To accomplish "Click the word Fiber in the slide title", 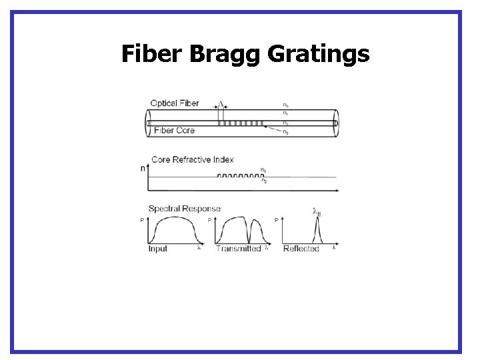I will coord(152,53).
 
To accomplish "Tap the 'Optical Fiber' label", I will coord(175,103).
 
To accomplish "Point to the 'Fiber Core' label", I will coord(174,131).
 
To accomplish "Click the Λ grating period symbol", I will coord(221,105).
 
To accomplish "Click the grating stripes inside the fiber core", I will coord(241,123).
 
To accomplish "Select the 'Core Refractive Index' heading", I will coord(192,159).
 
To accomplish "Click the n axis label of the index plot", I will coord(143,169).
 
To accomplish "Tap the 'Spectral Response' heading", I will coord(184,209).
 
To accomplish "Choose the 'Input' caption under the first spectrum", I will coord(158,249).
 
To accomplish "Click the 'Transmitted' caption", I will coord(238,249).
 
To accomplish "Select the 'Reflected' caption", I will coord(301,249).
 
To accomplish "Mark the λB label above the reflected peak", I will coord(317,212).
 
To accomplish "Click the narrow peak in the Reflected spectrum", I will coord(317,231).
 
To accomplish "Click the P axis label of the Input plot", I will coord(143,220).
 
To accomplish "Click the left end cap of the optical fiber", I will coord(149,123).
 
